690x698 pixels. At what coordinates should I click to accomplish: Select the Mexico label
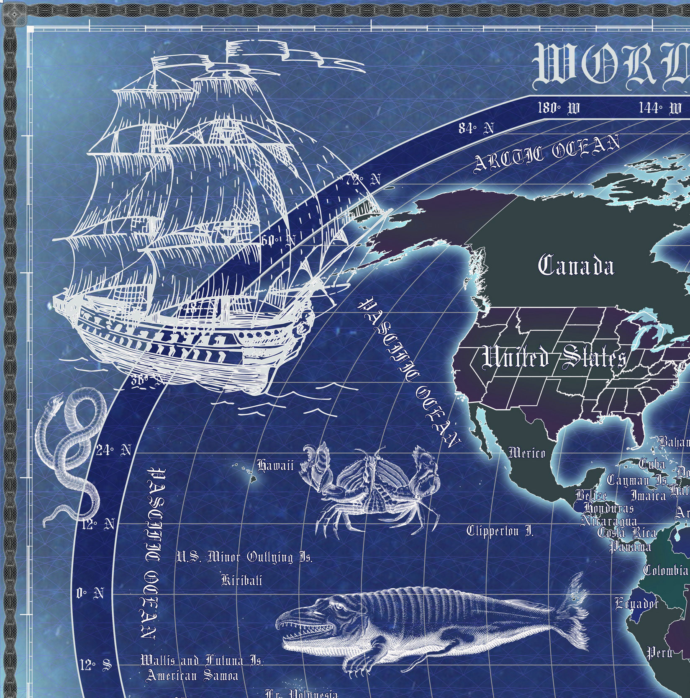(x=527, y=453)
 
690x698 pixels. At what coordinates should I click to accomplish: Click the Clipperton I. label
(x=500, y=531)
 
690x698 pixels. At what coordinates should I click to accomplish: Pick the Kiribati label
(x=242, y=580)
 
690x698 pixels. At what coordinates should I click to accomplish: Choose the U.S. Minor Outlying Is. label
(x=244, y=557)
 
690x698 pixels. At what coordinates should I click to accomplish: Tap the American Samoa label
(x=192, y=675)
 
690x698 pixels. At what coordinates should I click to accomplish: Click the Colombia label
(x=665, y=570)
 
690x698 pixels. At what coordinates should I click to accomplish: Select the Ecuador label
(x=636, y=603)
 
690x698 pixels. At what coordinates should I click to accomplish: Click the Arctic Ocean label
(x=546, y=153)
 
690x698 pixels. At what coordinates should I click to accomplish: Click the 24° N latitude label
(x=113, y=451)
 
